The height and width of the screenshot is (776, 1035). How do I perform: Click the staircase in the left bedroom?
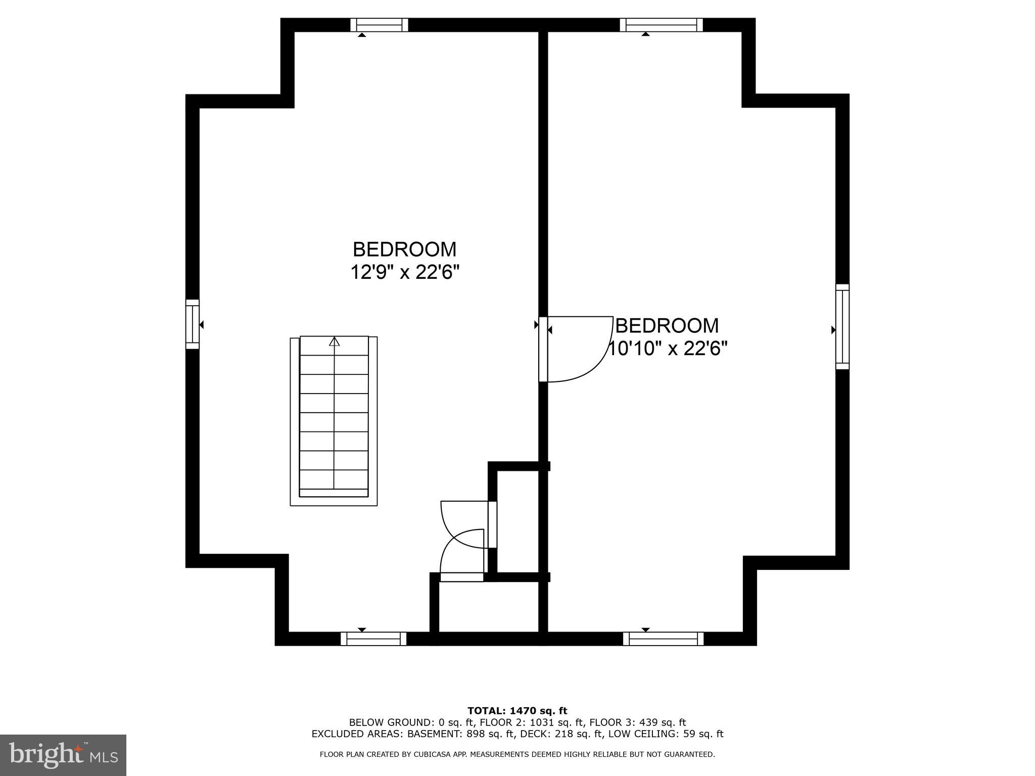coord(334,420)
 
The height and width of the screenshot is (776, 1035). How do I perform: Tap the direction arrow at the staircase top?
coord(334,342)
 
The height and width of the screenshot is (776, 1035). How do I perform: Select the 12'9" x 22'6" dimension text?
coord(405,273)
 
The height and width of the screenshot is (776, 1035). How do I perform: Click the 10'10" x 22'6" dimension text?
coord(667,349)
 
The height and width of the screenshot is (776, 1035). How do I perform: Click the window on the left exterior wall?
coord(193,324)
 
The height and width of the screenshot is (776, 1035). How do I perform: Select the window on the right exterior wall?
coord(842,326)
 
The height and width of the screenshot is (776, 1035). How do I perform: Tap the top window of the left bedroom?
coord(380,25)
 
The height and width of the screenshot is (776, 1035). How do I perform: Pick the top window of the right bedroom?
coord(661,25)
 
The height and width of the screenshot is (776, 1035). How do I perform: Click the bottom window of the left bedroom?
coord(373,639)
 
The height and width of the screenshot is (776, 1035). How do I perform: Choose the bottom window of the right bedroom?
coord(663,639)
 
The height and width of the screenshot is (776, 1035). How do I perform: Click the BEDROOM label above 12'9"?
coord(404,250)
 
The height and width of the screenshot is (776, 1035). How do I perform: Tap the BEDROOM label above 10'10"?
coord(667,326)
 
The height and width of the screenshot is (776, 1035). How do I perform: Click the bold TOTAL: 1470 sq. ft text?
coord(517,711)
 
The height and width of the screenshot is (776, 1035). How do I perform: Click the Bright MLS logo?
coord(63,755)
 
